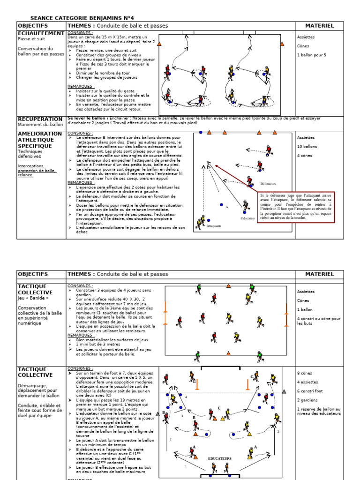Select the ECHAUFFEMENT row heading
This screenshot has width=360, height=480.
(41, 34)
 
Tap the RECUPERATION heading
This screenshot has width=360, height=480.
(40, 119)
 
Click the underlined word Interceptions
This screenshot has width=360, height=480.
(31, 166)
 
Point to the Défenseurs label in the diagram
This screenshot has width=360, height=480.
(268, 184)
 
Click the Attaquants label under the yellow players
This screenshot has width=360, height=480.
(214, 226)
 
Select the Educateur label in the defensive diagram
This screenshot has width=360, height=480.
(248, 219)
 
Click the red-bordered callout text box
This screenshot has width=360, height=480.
(295, 206)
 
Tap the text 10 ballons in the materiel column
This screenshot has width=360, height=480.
(307, 147)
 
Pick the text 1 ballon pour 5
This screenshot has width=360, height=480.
(312, 55)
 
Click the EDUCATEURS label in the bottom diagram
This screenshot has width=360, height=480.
(220, 458)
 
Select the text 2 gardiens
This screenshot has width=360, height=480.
(307, 400)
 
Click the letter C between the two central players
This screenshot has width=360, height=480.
(218, 408)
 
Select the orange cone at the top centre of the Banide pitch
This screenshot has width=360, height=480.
(228, 285)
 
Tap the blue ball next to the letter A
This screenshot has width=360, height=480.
(221, 205)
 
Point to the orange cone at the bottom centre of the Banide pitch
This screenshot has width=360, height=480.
(228, 353)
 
